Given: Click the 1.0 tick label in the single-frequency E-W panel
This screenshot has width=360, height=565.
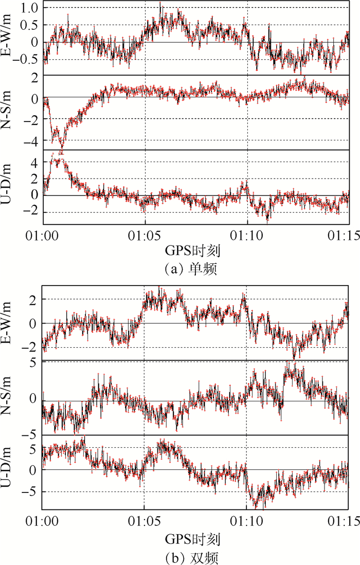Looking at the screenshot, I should click(30, 8).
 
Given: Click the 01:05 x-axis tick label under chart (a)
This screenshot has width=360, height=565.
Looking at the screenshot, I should click(145, 234).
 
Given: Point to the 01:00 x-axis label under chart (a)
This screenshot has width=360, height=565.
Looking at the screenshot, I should click(43, 234).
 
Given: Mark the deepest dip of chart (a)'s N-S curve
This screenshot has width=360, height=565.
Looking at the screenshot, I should click(61, 153).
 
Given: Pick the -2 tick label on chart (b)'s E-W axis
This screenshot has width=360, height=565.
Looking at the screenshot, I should click(32, 348).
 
